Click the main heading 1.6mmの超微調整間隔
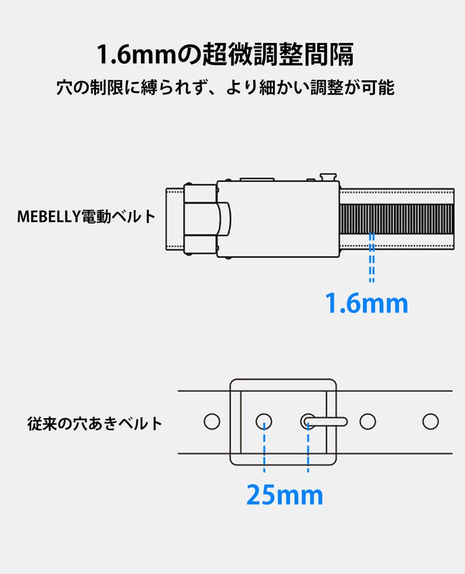pos(225,54)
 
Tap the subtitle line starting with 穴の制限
pos(225,87)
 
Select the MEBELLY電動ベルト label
pos(86,217)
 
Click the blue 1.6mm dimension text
pos(366,303)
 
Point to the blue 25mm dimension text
pos(284,494)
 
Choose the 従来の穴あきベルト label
pos(95,423)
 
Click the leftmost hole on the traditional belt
pos(212,421)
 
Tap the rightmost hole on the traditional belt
pos(430,421)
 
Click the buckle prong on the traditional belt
pos(326,422)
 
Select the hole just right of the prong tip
pos(368,421)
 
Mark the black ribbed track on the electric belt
pos(397,219)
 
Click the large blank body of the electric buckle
pos(278,219)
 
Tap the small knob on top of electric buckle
pos(328,177)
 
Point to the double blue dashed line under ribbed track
pos(372,258)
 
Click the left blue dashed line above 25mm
pos(264,447)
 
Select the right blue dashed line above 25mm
pos(308,447)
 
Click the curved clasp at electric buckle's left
pos(223,219)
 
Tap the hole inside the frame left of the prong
pos(264,421)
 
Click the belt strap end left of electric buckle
pos(175,219)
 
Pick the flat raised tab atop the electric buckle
pos(257,179)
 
